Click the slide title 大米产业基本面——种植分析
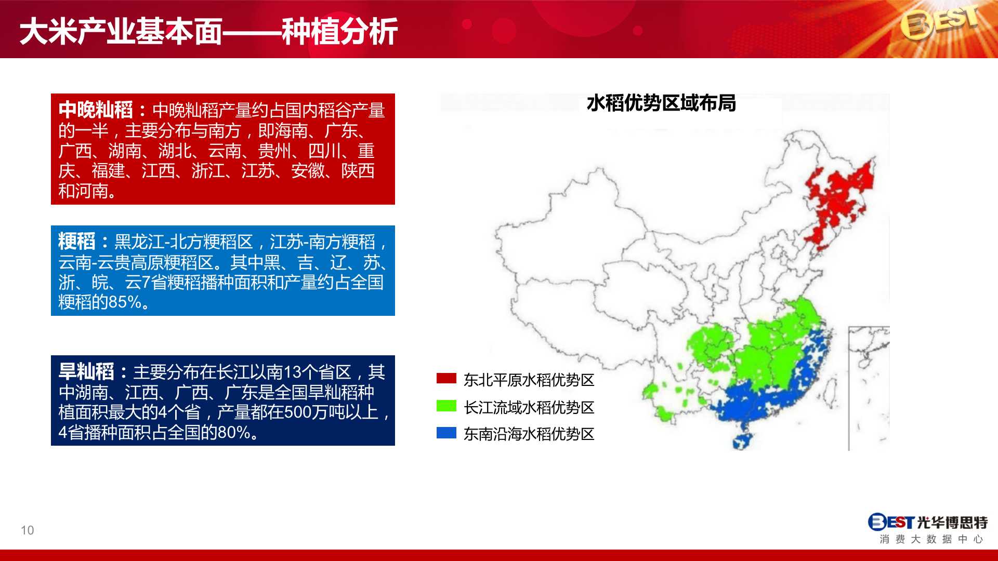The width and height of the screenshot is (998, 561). (208, 31)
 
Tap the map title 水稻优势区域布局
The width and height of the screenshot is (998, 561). (661, 103)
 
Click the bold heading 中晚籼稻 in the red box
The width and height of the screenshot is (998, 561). (96, 110)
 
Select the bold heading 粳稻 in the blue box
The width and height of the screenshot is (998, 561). (77, 242)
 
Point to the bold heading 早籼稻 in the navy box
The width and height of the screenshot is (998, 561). (86, 372)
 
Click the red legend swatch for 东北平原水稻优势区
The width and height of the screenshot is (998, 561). (447, 378)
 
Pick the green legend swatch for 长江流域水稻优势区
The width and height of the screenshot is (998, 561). (447, 406)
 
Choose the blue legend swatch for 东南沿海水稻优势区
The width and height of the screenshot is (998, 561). (447, 433)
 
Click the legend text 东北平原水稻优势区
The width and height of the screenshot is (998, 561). (529, 380)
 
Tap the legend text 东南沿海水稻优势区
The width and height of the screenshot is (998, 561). (529, 434)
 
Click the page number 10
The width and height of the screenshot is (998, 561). (28, 530)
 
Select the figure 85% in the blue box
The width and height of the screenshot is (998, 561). (125, 302)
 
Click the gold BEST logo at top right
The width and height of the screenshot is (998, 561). (940, 23)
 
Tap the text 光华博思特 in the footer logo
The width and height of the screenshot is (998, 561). (952, 522)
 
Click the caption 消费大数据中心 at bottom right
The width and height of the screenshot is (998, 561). (931, 539)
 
